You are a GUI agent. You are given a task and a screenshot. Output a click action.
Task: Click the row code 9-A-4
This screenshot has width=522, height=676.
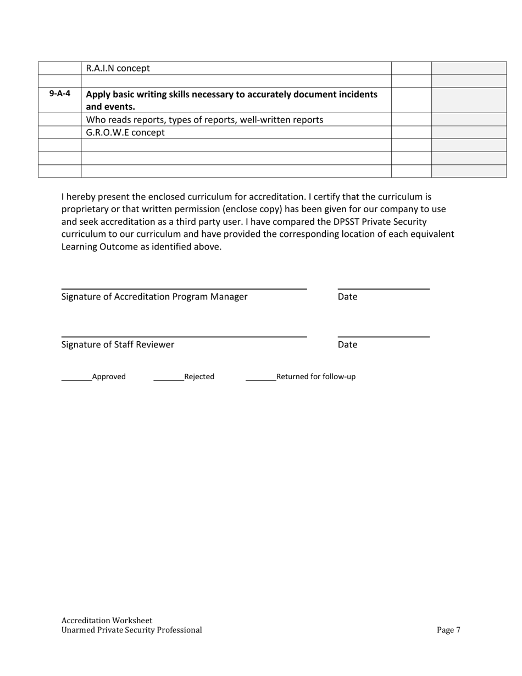point(60,94)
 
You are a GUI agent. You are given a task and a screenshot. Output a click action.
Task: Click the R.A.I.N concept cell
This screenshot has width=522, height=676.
point(118,69)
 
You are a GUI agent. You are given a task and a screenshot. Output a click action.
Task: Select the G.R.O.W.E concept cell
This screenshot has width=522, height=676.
point(125,132)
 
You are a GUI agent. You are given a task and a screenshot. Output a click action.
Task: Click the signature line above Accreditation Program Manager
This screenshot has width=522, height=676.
point(184,288)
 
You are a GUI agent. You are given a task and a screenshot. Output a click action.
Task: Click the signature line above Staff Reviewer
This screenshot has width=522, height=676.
point(184,336)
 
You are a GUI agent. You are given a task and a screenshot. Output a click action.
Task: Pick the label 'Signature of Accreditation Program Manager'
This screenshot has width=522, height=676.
point(154,297)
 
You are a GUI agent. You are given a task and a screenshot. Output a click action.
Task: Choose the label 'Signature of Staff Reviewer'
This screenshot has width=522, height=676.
point(118,345)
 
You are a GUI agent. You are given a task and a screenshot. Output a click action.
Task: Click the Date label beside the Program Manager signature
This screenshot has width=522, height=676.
point(347,297)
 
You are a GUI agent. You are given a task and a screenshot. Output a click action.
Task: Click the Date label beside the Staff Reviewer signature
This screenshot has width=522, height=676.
point(347,345)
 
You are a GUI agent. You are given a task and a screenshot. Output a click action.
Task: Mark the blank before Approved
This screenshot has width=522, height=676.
point(76,379)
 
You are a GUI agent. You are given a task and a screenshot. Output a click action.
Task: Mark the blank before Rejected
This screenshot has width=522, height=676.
point(169,379)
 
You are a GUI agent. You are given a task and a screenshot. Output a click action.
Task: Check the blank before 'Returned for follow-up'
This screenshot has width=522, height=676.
point(260,379)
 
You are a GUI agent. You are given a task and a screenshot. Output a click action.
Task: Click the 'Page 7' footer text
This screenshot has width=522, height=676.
point(448,630)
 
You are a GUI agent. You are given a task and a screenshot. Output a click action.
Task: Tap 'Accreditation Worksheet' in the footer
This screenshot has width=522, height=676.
point(107,620)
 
